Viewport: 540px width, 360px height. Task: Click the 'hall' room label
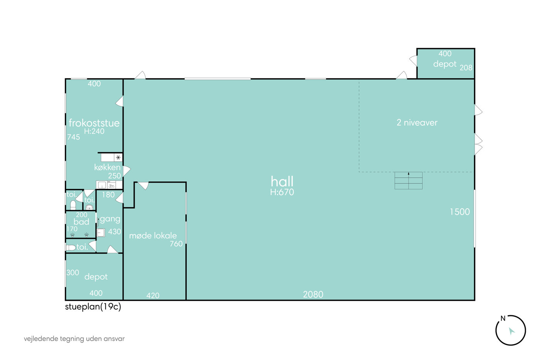point(282,181)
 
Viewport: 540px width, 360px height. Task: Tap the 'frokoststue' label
point(94,123)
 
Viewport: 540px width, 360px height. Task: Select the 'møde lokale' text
point(153,236)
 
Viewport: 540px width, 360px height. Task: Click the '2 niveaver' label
point(417,122)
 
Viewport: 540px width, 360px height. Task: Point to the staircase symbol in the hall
point(408,181)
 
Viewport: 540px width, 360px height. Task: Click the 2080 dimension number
point(313,294)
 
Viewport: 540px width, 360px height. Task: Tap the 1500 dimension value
point(460,212)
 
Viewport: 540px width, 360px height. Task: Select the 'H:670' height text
point(282,192)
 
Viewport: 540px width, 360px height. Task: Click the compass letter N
point(503,318)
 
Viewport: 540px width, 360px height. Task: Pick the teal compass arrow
point(511,331)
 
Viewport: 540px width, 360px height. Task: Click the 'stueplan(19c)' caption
point(93,307)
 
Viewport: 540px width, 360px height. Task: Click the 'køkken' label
point(107,167)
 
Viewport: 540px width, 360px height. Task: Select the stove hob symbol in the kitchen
point(118,158)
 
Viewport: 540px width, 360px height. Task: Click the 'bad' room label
point(81,222)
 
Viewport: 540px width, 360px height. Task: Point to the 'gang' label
point(110,219)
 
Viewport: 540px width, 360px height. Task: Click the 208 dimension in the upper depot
point(466,68)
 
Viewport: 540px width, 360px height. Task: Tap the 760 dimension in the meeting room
point(176,244)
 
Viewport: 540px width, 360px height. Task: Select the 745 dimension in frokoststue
point(74,137)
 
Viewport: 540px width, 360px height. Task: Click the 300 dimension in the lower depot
point(73,272)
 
